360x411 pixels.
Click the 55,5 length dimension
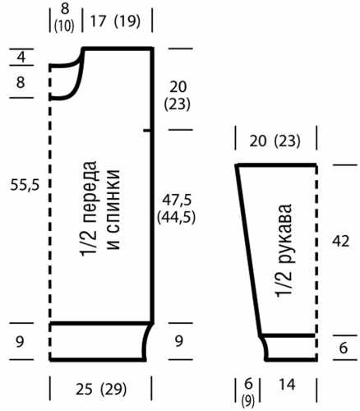25,185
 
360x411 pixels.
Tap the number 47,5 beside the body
177,200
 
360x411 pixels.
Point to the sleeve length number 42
340,241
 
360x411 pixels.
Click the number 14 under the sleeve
288,384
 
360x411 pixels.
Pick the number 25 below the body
84,390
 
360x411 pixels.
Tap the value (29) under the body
113,390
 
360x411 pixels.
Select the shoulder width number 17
98,21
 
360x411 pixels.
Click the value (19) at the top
127,21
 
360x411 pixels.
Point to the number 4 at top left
21,58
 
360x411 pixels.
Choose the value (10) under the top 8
64,26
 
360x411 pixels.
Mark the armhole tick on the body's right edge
147,131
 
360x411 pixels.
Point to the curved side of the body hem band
147,341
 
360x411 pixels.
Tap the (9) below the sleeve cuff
248,401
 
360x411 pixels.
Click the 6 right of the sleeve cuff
344,348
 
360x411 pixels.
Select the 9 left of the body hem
20,342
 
